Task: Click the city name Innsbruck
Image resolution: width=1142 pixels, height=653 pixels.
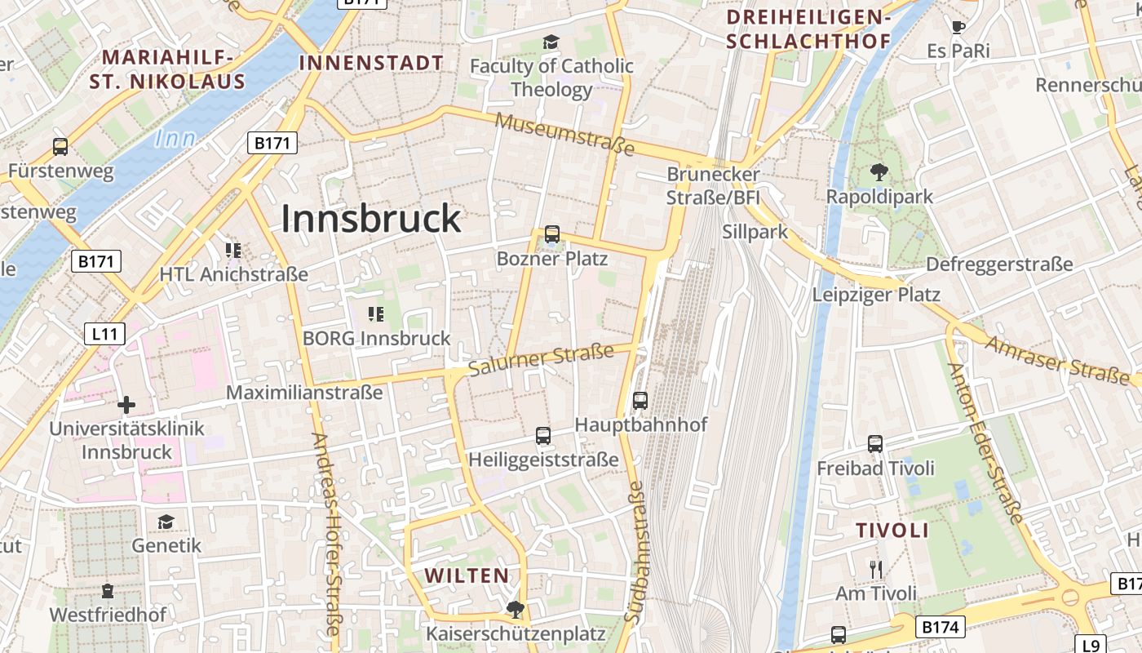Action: (x=371, y=219)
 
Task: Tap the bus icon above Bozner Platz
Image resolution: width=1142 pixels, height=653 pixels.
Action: (x=552, y=234)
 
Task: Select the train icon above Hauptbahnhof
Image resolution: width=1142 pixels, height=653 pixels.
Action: (x=640, y=400)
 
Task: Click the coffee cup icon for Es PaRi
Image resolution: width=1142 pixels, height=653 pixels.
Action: (x=958, y=26)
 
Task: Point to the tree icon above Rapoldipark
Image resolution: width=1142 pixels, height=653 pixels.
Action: (x=879, y=171)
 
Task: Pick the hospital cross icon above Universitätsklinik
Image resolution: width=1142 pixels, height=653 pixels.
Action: (x=126, y=404)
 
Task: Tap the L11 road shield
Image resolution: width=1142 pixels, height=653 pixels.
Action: (x=104, y=333)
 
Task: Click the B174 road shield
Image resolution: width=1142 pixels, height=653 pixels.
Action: (x=941, y=627)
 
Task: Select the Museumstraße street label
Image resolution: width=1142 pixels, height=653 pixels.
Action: (x=564, y=134)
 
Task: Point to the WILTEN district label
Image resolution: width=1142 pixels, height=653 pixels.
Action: (x=467, y=575)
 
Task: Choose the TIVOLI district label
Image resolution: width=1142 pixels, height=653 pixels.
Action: (x=892, y=530)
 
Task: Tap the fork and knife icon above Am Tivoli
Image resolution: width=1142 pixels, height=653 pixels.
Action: (x=876, y=569)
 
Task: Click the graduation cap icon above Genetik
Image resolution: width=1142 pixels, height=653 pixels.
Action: (x=166, y=522)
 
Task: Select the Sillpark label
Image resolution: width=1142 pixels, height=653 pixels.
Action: (x=755, y=232)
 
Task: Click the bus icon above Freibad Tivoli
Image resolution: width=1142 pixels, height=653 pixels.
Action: (x=875, y=443)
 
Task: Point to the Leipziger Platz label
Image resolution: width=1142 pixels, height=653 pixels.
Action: (x=876, y=295)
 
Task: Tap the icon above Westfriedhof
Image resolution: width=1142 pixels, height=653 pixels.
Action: (x=108, y=589)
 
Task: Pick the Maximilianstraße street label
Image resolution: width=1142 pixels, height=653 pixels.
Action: (x=304, y=393)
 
